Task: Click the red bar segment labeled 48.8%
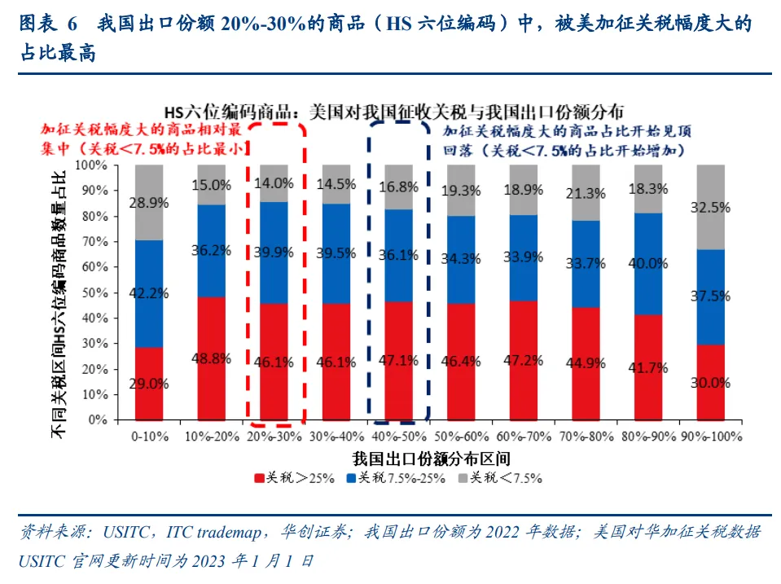(212, 358)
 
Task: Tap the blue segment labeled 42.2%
(149, 293)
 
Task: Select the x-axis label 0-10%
(148, 437)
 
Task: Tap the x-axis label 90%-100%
(710, 437)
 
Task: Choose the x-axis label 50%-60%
(462, 437)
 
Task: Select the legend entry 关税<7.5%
(506, 477)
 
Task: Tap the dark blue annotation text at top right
(562, 140)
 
